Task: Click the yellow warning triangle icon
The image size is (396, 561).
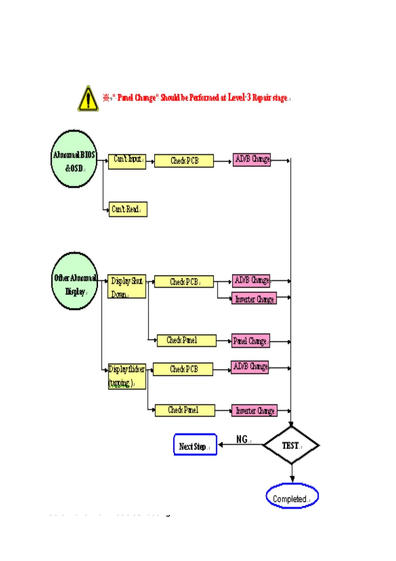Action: click(88, 99)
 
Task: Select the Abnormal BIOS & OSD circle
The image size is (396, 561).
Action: click(74, 159)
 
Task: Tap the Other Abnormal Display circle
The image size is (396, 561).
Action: click(75, 281)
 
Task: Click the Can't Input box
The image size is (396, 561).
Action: click(127, 162)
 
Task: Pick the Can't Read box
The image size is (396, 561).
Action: click(128, 209)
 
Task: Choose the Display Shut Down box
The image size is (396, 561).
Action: click(127, 286)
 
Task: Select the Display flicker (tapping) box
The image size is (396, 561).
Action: click(127, 376)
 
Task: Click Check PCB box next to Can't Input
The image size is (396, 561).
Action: click(184, 161)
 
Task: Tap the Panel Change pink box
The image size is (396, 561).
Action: click(251, 341)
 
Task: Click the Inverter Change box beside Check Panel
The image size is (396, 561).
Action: click(255, 410)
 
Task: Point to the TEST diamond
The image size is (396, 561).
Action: click(291, 445)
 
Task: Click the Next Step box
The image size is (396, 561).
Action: click(195, 445)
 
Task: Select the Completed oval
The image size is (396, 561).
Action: click(292, 496)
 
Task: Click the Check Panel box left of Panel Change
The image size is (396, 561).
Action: click(186, 340)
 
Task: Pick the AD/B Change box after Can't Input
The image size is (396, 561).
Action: click(252, 159)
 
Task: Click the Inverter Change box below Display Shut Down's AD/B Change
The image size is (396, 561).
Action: click(254, 298)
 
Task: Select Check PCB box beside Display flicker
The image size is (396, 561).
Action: click(183, 369)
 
